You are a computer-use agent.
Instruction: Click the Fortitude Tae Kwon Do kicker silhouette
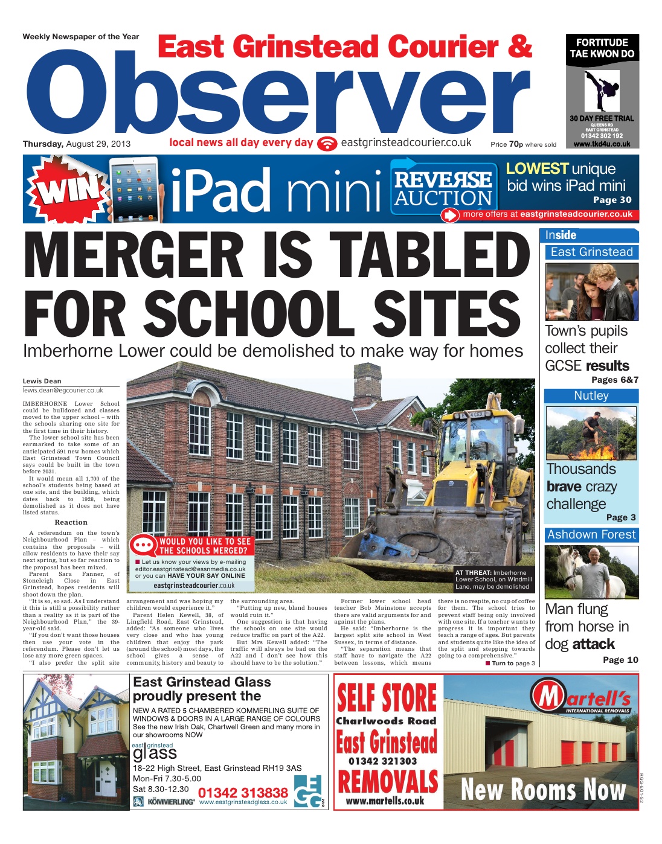tap(601, 91)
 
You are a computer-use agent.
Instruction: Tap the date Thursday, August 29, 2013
tap(76, 144)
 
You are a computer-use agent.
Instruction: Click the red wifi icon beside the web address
tap(327, 144)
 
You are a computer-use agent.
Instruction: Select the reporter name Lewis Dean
tap(42, 381)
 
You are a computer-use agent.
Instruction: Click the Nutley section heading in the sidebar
tap(591, 396)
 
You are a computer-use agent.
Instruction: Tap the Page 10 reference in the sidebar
tap(620, 660)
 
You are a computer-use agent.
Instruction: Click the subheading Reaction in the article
tap(71, 522)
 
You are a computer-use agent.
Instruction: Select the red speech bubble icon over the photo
tap(143, 545)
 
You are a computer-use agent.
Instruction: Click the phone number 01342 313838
tap(243, 793)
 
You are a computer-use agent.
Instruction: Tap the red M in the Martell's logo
tap(548, 697)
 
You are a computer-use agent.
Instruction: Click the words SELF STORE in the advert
tap(387, 698)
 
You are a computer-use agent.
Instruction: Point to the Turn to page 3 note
tap(510, 663)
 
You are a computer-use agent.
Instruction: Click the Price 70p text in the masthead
tap(523, 144)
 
